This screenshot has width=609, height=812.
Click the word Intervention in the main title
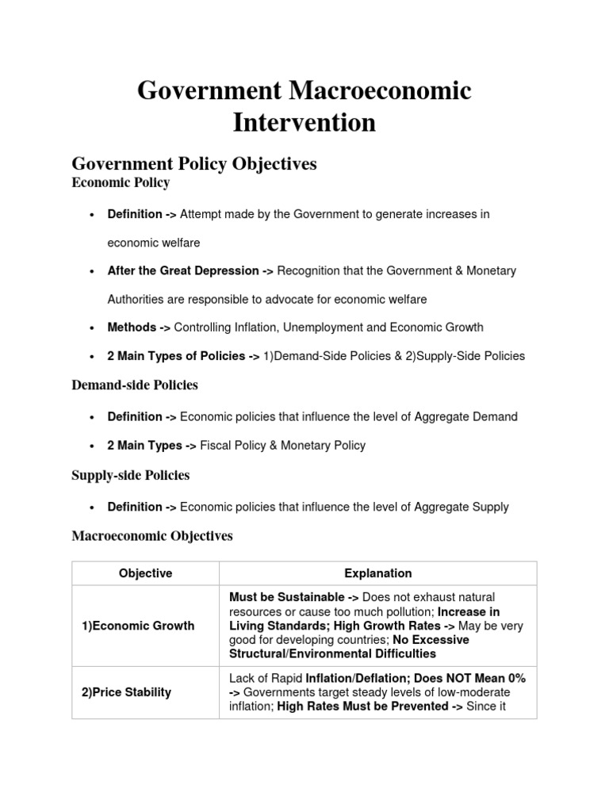(304, 123)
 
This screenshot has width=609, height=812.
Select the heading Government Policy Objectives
(194, 163)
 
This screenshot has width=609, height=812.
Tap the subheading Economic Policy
(121, 183)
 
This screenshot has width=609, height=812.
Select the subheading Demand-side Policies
(135, 385)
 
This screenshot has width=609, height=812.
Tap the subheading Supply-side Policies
(131, 476)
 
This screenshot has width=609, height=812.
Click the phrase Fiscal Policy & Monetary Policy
(283, 446)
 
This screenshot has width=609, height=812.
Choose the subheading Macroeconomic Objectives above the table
(152, 536)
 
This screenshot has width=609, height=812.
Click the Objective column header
(145, 573)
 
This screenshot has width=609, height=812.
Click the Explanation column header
(378, 573)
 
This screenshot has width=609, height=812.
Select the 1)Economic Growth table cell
(138, 626)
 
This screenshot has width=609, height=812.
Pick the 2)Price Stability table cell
(126, 692)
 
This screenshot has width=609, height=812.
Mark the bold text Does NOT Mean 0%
(475, 679)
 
